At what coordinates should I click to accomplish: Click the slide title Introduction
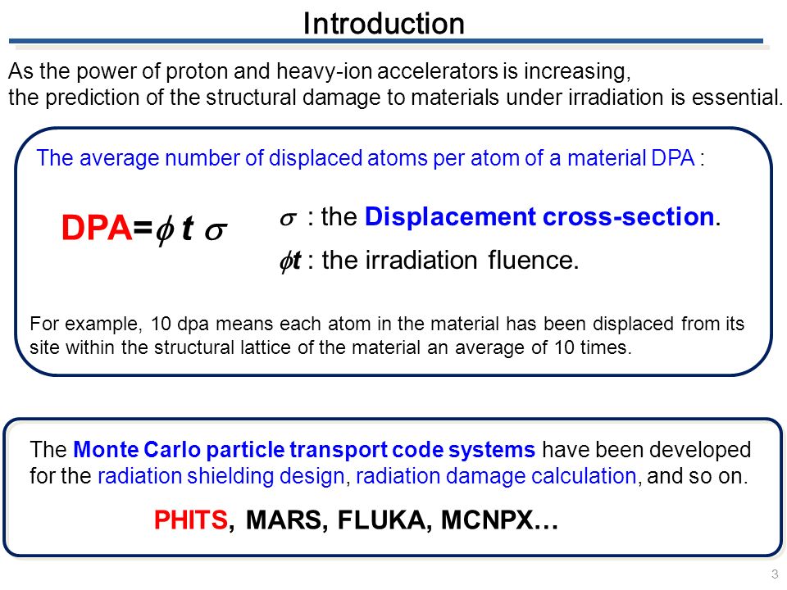(x=384, y=24)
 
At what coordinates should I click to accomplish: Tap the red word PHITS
(x=191, y=520)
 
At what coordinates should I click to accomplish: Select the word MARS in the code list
(x=284, y=520)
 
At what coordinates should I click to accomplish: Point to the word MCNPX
(x=487, y=520)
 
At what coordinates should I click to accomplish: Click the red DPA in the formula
(x=97, y=228)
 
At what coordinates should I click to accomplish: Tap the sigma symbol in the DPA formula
(x=216, y=231)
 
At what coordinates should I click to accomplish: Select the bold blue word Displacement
(x=450, y=217)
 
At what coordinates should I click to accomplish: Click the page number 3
(x=775, y=574)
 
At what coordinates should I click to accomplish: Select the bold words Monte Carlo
(x=137, y=450)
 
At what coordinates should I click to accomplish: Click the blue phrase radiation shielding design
(x=221, y=476)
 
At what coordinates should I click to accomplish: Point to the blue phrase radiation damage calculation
(x=496, y=476)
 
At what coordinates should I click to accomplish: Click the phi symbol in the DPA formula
(x=165, y=231)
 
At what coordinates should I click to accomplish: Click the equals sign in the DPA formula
(x=143, y=229)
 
